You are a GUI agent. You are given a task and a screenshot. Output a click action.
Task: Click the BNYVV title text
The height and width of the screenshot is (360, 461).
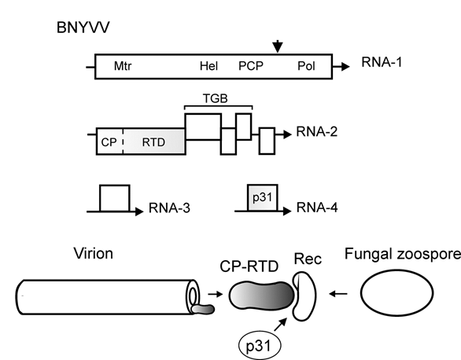point(83,28)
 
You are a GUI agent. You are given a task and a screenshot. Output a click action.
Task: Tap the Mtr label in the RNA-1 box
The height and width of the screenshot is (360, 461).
point(123,66)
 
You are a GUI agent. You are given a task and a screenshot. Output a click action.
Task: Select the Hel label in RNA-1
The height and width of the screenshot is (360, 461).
point(208,66)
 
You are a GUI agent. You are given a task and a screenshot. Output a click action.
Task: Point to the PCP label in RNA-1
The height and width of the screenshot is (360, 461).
point(251,66)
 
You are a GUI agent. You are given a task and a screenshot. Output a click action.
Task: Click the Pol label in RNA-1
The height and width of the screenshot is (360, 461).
point(306,66)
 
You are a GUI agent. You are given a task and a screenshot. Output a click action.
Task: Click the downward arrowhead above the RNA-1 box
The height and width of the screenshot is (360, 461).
point(278,47)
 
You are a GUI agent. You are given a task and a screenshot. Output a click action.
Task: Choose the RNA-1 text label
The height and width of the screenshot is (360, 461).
point(382,62)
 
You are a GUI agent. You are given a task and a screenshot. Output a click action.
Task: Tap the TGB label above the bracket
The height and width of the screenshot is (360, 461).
point(216,98)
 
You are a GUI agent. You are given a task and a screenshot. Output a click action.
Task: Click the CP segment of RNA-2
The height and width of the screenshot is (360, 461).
point(109,141)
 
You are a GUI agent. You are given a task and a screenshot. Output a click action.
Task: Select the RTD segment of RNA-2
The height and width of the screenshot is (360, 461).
point(154,141)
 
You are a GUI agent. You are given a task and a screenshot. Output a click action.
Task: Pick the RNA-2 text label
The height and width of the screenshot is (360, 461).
point(317,132)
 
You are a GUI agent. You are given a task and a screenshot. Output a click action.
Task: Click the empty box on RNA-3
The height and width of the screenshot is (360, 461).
point(115,198)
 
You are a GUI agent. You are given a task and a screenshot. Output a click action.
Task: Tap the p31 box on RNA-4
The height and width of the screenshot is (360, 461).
point(263,197)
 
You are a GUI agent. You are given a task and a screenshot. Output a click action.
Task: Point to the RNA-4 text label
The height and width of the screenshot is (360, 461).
point(317,208)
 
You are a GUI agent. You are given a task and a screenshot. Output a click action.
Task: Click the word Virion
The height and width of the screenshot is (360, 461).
point(93,253)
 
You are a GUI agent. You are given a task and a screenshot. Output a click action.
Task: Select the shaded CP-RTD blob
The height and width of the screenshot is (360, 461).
point(262,296)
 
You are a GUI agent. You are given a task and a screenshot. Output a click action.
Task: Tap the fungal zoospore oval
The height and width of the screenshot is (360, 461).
point(397,292)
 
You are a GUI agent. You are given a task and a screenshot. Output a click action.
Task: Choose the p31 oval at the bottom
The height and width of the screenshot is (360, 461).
point(260,346)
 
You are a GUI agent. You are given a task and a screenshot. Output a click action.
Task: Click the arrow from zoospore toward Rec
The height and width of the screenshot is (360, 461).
point(338,293)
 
